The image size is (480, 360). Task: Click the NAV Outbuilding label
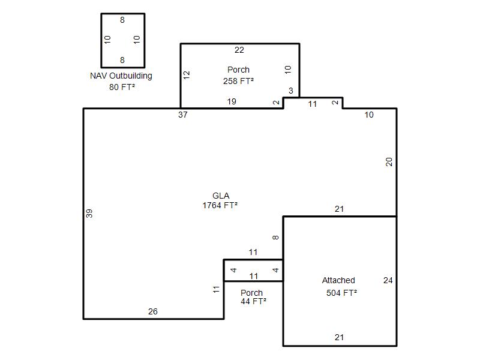tap(121, 76)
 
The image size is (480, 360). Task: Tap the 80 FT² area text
tap(122, 87)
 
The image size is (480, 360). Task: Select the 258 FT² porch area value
tap(238, 81)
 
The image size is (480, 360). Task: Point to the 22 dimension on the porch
tap(239, 50)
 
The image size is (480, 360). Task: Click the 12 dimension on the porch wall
tap(187, 75)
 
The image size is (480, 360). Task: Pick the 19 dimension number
tap(232, 101)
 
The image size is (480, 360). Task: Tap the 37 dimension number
tap(183, 115)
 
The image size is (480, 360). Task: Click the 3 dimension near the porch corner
tap(291, 91)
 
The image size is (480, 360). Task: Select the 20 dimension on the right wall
tap(389, 161)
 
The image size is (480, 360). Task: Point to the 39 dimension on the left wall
tap(89, 214)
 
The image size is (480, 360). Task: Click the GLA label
tap(221, 196)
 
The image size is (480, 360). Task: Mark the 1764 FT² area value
tap(220, 205)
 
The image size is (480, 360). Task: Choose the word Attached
tap(338, 280)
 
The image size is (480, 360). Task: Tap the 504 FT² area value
tap(341, 293)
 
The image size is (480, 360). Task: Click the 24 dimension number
tap(388, 280)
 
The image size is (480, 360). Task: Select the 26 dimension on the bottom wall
tap(153, 311)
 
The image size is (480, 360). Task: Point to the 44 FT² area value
tap(253, 302)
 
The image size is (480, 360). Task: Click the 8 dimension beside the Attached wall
tap(275, 237)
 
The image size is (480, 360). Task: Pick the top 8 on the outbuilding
tap(122, 20)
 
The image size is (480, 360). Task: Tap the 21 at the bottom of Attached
tap(339, 337)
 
